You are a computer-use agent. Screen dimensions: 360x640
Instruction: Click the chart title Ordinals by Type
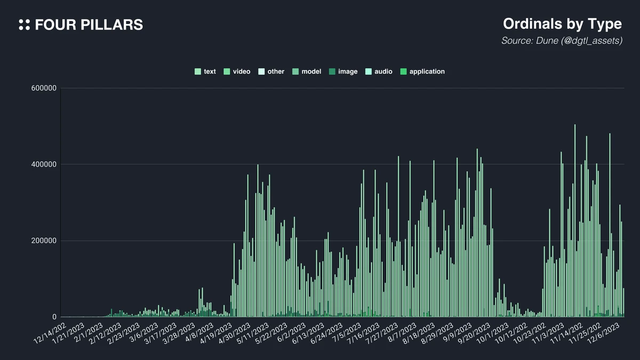point(562,24)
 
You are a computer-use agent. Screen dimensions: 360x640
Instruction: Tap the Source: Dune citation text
point(562,41)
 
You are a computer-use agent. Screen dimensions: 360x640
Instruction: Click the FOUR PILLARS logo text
point(89,25)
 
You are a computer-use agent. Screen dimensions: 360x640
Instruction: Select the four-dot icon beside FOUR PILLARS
point(24,25)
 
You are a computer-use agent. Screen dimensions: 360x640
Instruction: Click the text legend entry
point(205,71)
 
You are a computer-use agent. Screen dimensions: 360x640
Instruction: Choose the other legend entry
point(271,71)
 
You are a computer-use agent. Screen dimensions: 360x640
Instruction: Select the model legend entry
point(307,71)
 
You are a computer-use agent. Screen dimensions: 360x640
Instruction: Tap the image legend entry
point(343,71)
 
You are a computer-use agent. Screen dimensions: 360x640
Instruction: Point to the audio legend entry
point(379,71)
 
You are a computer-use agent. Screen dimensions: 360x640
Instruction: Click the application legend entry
point(422,71)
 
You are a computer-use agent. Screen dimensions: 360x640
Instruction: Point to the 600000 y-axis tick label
point(44,88)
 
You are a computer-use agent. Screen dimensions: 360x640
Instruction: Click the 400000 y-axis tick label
point(44,164)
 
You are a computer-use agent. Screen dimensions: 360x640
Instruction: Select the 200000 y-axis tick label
point(44,241)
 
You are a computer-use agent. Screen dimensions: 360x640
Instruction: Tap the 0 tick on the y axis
point(54,317)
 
